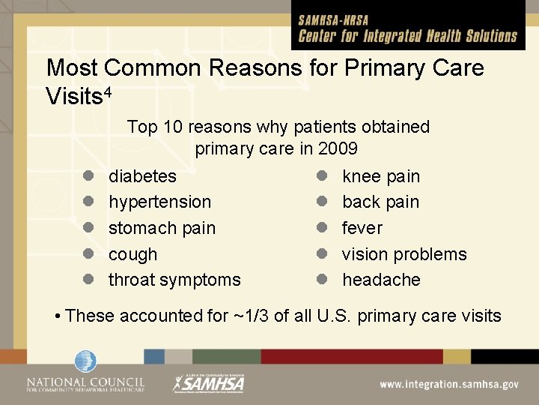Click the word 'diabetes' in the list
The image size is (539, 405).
pyautogui.click(x=143, y=176)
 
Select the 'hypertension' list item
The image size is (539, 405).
pyautogui.click(x=160, y=202)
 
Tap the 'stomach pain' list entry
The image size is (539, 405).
pyautogui.click(x=162, y=228)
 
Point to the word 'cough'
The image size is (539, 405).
pyautogui.click(x=133, y=254)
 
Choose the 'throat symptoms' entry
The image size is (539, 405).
pyautogui.click(x=174, y=280)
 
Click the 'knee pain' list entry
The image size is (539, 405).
pyautogui.click(x=381, y=176)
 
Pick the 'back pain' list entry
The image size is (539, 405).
pyautogui.click(x=380, y=202)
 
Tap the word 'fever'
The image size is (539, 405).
pyautogui.click(x=362, y=228)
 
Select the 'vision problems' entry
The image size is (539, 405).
pyautogui.click(x=404, y=254)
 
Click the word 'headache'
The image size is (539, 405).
pyautogui.click(x=381, y=280)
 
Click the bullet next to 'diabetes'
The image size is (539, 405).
pyautogui.click(x=88, y=176)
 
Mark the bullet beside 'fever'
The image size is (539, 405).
pyautogui.click(x=321, y=228)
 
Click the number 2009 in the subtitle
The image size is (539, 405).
pyautogui.click(x=338, y=148)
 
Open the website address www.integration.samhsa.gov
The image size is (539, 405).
pyautogui.click(x=449, y=384)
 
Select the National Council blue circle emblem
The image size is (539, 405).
pyautogui.click(x=85, y=361)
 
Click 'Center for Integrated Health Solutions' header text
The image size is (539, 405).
pyautogui.click(x=408, y=36)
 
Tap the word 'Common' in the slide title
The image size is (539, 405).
pyautogui.click(x=153, y=68)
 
